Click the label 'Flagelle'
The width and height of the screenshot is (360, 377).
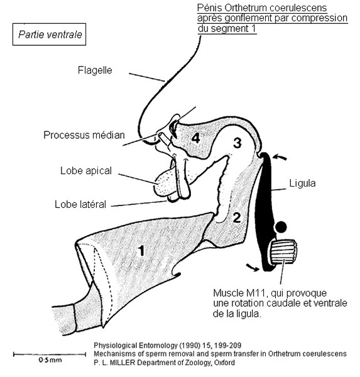(x=95, y=70)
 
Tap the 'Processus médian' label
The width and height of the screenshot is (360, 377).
(x=84, y=135)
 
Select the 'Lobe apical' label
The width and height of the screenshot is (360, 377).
(x=86, y=171)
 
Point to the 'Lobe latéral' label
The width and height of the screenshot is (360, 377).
(x=80, y=205)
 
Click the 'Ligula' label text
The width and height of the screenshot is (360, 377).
(x=302, y=183)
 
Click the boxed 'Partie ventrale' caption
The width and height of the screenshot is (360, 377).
(x=50, y=35)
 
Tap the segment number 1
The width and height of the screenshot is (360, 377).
(x=141, y=251)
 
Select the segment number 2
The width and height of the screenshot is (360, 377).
(x=237, y=218)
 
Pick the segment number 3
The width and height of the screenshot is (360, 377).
(x=237, y=143)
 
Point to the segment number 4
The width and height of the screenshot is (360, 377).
(x=196, y=138)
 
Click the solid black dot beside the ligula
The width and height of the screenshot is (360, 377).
(x=281, y=227)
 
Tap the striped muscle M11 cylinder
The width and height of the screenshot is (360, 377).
(x=284, y=252)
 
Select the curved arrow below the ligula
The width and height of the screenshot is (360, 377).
(x=253, y=267)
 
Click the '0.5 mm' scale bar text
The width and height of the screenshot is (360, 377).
(x=50, y=360)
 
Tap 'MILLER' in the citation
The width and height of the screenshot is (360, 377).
(x=123, y=363)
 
